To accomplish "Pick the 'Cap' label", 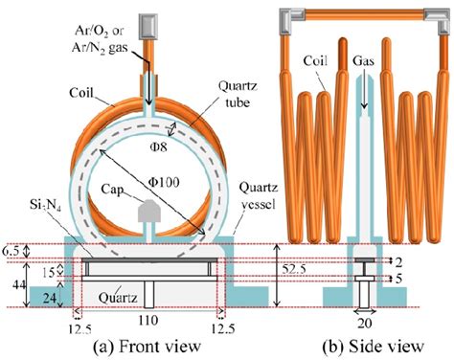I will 118,188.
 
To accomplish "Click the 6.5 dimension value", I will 11,251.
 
